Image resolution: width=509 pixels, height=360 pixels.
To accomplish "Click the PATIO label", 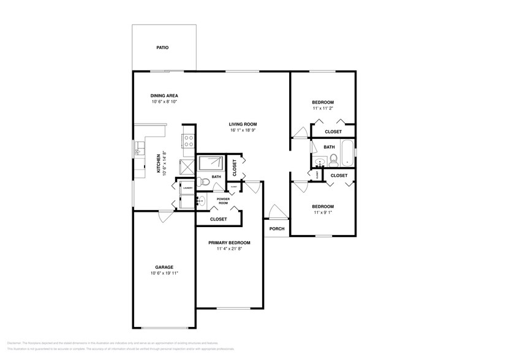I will pos(162,47).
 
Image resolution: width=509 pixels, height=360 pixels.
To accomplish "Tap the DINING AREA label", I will pos(164,96).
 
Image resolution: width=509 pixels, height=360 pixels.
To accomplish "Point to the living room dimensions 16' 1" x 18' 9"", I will pos(243,130).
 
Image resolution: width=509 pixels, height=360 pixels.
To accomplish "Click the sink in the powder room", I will pos(202,200).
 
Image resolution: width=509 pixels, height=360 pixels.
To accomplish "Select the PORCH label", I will pos(277,229).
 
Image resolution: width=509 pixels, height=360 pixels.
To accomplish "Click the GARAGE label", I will pos(164,267).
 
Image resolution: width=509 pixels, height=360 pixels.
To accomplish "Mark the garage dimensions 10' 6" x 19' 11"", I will pos(164,273).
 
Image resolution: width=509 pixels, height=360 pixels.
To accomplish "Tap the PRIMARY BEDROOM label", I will pos(229,243).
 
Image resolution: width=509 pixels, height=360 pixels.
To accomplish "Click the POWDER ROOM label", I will pos(223,201).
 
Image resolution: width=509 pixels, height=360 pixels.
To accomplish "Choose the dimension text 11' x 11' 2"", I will pos(323,108).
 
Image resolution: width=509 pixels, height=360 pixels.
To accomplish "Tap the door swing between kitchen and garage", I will pos(165,216).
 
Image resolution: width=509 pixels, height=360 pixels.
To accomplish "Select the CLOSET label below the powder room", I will pos(218,219).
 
